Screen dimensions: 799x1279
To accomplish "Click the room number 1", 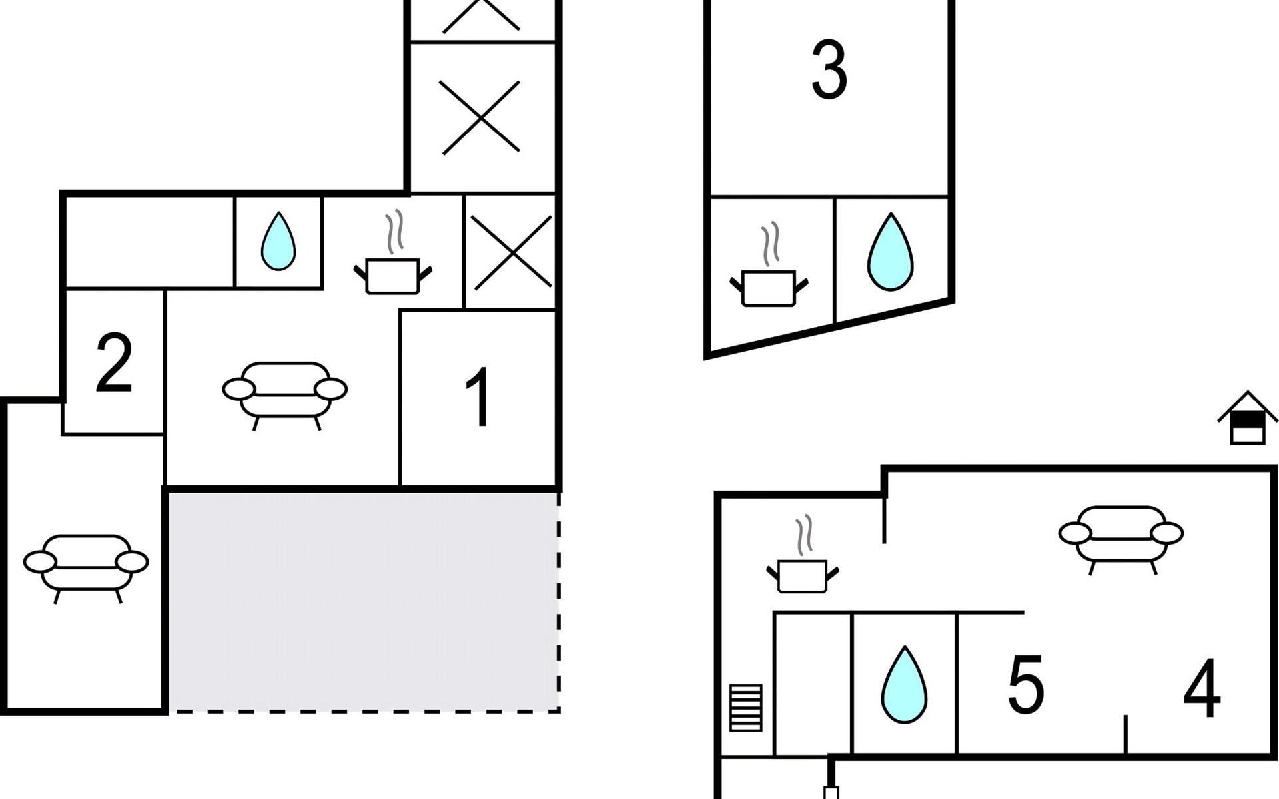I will point(479,398).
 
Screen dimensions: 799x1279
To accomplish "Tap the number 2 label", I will point(114,363).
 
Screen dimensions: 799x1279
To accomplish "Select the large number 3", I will point(829,70).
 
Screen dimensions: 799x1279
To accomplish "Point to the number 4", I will point(1202,689).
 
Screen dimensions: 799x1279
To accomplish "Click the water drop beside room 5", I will point(904,686).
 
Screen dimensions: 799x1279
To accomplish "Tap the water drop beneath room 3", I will point(890,252).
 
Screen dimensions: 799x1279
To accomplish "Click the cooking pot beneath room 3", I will point(769,280).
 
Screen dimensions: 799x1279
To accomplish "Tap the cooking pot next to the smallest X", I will point(393,266).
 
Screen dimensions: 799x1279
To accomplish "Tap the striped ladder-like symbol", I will point(745,708).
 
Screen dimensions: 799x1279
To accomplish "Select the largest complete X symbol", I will point(480,118).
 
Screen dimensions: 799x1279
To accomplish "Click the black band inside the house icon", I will point(1248,420).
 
